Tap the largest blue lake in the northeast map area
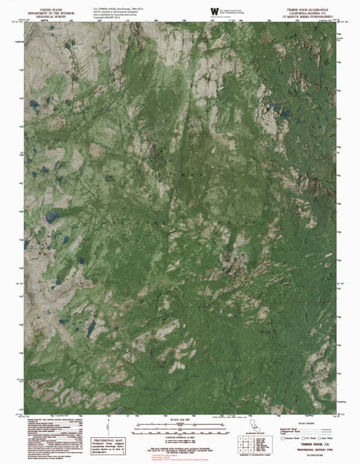(x=284, y=113)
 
